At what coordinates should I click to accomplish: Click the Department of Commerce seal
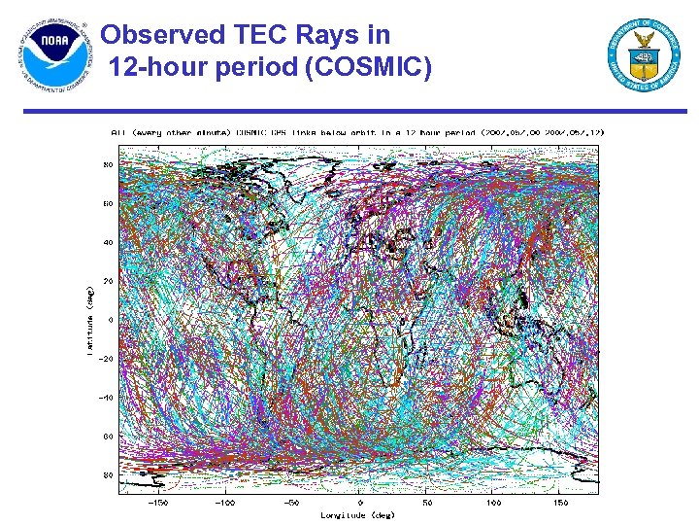pos(645,55)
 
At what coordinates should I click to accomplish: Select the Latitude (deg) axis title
pos(90,320)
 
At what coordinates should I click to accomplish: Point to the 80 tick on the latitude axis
pos(107,165)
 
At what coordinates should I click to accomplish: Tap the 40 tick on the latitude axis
pos(107,242)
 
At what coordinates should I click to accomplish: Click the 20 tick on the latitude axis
pos(107,281)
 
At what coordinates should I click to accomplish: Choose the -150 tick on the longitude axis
pos(158,503)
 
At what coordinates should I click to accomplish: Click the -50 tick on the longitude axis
pos(292,503)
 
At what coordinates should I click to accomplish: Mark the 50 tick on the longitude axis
pos(428,503)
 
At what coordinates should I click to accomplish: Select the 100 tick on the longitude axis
pos(495,503)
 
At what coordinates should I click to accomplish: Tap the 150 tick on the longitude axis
pos(562,503)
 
